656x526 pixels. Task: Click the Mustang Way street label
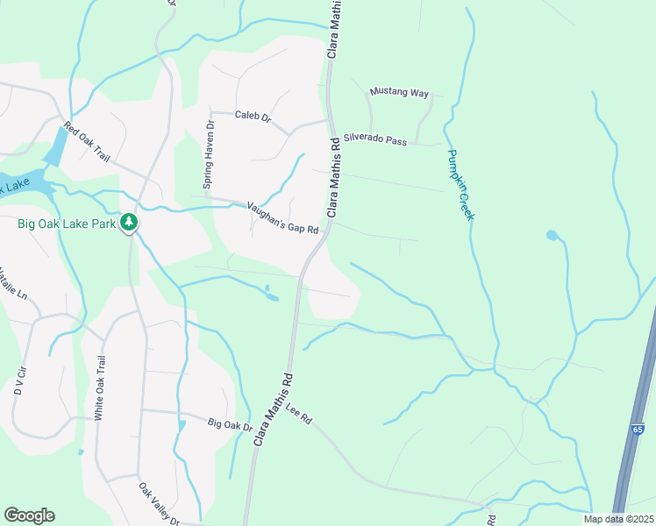(399, 91)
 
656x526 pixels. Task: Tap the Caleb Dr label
(253, 115)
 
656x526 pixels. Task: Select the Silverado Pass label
(375, 139)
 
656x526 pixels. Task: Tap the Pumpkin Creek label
(460, 184)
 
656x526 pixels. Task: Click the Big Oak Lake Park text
(66, 224)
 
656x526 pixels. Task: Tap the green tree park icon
(130, 223)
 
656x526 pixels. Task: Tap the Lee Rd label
(299, 415)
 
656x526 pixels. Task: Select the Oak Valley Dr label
(159, 503)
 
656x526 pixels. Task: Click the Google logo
(29, 515)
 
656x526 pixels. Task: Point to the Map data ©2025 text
(618, 519)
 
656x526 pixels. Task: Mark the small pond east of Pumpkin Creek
(551, 235)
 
